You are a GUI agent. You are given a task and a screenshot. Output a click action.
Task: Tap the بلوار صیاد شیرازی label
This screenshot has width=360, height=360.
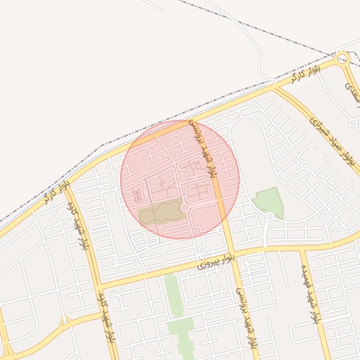(330, 141)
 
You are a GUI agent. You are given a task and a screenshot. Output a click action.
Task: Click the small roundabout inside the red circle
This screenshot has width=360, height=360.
(185, 208)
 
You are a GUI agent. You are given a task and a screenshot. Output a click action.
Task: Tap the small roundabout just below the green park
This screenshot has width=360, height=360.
(269, 217)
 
